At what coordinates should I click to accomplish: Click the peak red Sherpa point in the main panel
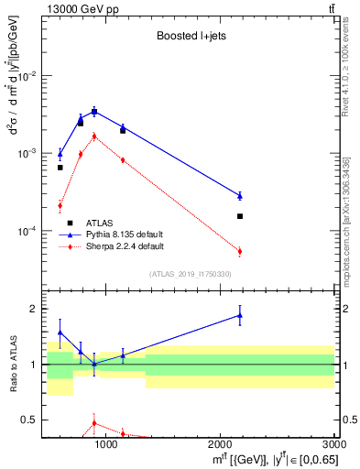tap(93, 136)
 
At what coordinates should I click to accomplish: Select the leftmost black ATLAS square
tap(60, 168)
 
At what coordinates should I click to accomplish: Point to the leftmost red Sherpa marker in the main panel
tap(60, 205)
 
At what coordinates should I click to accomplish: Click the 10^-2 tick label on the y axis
tap(28, 76)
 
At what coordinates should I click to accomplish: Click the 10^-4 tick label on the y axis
tap(28, 231)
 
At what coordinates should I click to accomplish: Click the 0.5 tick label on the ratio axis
tap(30, 420)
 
